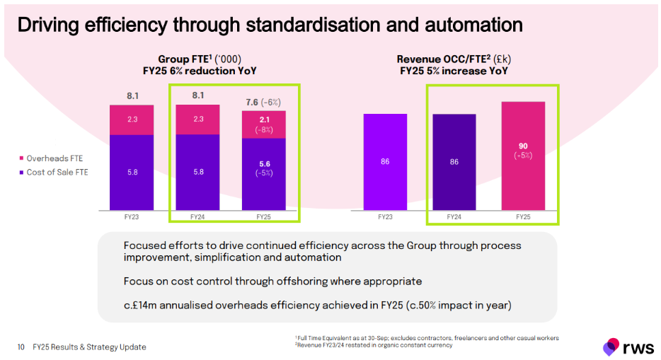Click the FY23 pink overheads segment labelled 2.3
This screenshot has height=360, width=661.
(132, 120)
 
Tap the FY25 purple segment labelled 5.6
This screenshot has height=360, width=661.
(264, 174)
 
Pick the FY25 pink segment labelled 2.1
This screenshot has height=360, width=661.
(264, 124)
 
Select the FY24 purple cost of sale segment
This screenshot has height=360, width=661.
(197, 172)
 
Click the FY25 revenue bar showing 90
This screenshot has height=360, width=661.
(523, 156)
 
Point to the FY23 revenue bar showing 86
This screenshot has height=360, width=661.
(385, 162)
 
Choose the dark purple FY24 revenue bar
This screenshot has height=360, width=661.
(454, 162)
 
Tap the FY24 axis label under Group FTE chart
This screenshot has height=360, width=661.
(197, 216)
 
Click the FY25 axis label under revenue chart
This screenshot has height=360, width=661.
(523, 216)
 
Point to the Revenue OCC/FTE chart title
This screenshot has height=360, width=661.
(454, 65)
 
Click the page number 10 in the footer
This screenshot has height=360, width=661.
(21, 347)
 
